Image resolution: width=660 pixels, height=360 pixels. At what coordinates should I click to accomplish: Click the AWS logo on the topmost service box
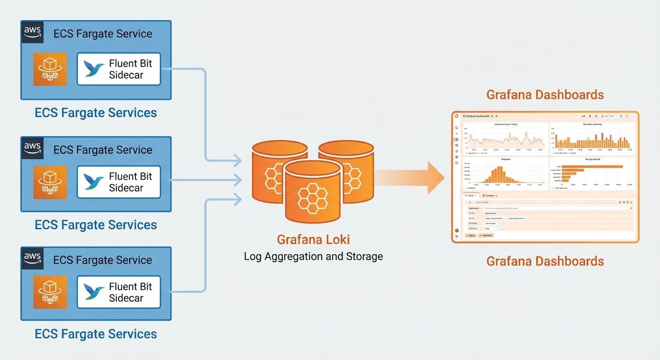pyautogui.click(x=32, y=31)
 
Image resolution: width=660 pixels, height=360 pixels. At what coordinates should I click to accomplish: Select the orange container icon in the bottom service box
pyautogui.click(x=50, y=292)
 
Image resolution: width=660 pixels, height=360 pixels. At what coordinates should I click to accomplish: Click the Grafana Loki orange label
pyautogui.click(x=313, y=240)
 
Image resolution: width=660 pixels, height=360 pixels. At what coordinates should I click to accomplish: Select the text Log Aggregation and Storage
pyautogui.click(x=313, y=256)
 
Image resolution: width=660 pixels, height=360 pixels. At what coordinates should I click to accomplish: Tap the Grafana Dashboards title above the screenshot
pyautogui.click(x=545, y=95)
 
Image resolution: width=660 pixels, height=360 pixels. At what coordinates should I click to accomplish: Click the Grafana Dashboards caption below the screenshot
pyautogui.click(x=545, y=261)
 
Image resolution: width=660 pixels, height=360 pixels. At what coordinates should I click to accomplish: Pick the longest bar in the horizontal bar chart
pyautogui.click(x=592, y=166)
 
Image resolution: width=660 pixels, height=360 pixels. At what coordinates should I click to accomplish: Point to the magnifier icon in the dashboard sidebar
pyautogui.click(x=457, y=128)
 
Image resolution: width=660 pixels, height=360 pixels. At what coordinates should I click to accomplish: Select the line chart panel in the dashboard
pyautogui.click(x=505, y=138)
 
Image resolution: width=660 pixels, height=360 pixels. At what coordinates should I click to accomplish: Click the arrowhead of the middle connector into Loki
pyautogui.click(x=238, y=180)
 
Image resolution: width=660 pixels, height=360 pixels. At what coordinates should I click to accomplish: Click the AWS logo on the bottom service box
pyautogui.click(x=32, y=258)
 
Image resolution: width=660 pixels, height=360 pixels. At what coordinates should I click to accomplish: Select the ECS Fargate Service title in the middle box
pyautogui.click(x=103, y=150)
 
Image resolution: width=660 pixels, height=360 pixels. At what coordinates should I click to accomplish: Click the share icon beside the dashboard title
pyautogui.click(x=496, y=116)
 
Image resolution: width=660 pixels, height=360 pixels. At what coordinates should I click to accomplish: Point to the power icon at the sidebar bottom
pyautogui.click(x=457, y=236)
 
